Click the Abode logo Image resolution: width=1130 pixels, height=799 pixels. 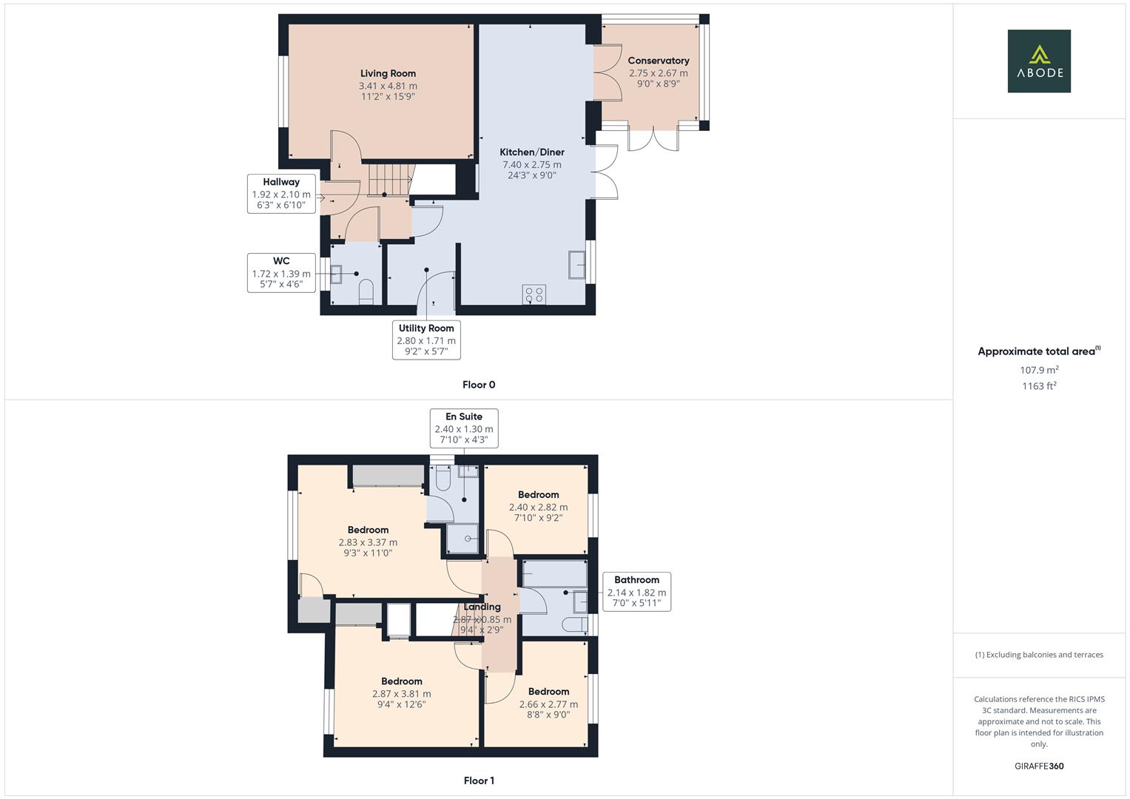(x=1039, y=61)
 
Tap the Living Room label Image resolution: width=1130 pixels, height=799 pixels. (x=388, y=74)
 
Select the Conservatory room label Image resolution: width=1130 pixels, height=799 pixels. (x=659, y=61)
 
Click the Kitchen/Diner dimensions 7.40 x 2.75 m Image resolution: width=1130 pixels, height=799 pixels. (x=532, y=164)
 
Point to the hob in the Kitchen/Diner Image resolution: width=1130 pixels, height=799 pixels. (x=534, y=295)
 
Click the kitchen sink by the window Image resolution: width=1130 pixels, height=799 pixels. (x=576, y=264)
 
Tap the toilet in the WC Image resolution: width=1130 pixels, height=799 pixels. (x=366, y=292)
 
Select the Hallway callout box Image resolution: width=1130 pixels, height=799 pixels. (x=281, y=194)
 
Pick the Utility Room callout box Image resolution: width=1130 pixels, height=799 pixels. (x=426, y=340)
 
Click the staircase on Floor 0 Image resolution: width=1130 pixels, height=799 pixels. (x=391, y=179)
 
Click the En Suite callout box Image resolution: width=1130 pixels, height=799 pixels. (x=464, y=428)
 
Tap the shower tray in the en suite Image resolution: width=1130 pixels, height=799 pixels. (x=463, y=539)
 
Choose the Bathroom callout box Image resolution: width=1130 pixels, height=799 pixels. (x=636, y=592)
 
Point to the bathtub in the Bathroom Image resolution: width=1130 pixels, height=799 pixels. (x=555, y=573)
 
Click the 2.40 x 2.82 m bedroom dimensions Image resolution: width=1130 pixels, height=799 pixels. (x=538, y=508)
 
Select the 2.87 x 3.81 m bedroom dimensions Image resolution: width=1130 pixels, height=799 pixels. (x=402, y=694)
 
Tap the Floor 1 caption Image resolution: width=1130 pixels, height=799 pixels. (x=479, y=781)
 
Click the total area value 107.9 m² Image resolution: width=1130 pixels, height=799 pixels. (x=1039, y=370)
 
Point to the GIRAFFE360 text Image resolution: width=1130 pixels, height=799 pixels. (x=1039, y=766)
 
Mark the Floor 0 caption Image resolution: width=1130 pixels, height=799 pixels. (x=479, y=385)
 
